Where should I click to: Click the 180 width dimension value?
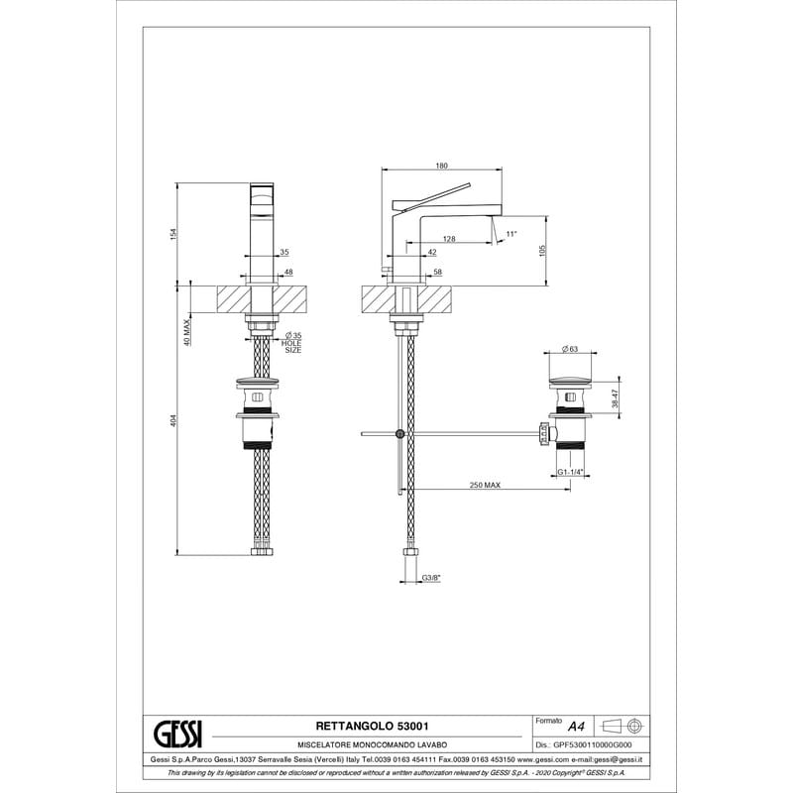[441, 166]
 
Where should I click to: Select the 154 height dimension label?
[173, 234]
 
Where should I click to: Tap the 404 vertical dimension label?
[173, 420]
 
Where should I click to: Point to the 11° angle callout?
[511, 234]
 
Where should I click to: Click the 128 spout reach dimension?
[449, 239]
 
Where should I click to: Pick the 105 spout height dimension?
[542, 251]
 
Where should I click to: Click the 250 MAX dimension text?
[485, 485]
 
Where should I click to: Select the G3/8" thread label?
[431, 578]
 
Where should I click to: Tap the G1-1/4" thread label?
[571, 472]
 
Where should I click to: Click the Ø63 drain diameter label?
[570, 349]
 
